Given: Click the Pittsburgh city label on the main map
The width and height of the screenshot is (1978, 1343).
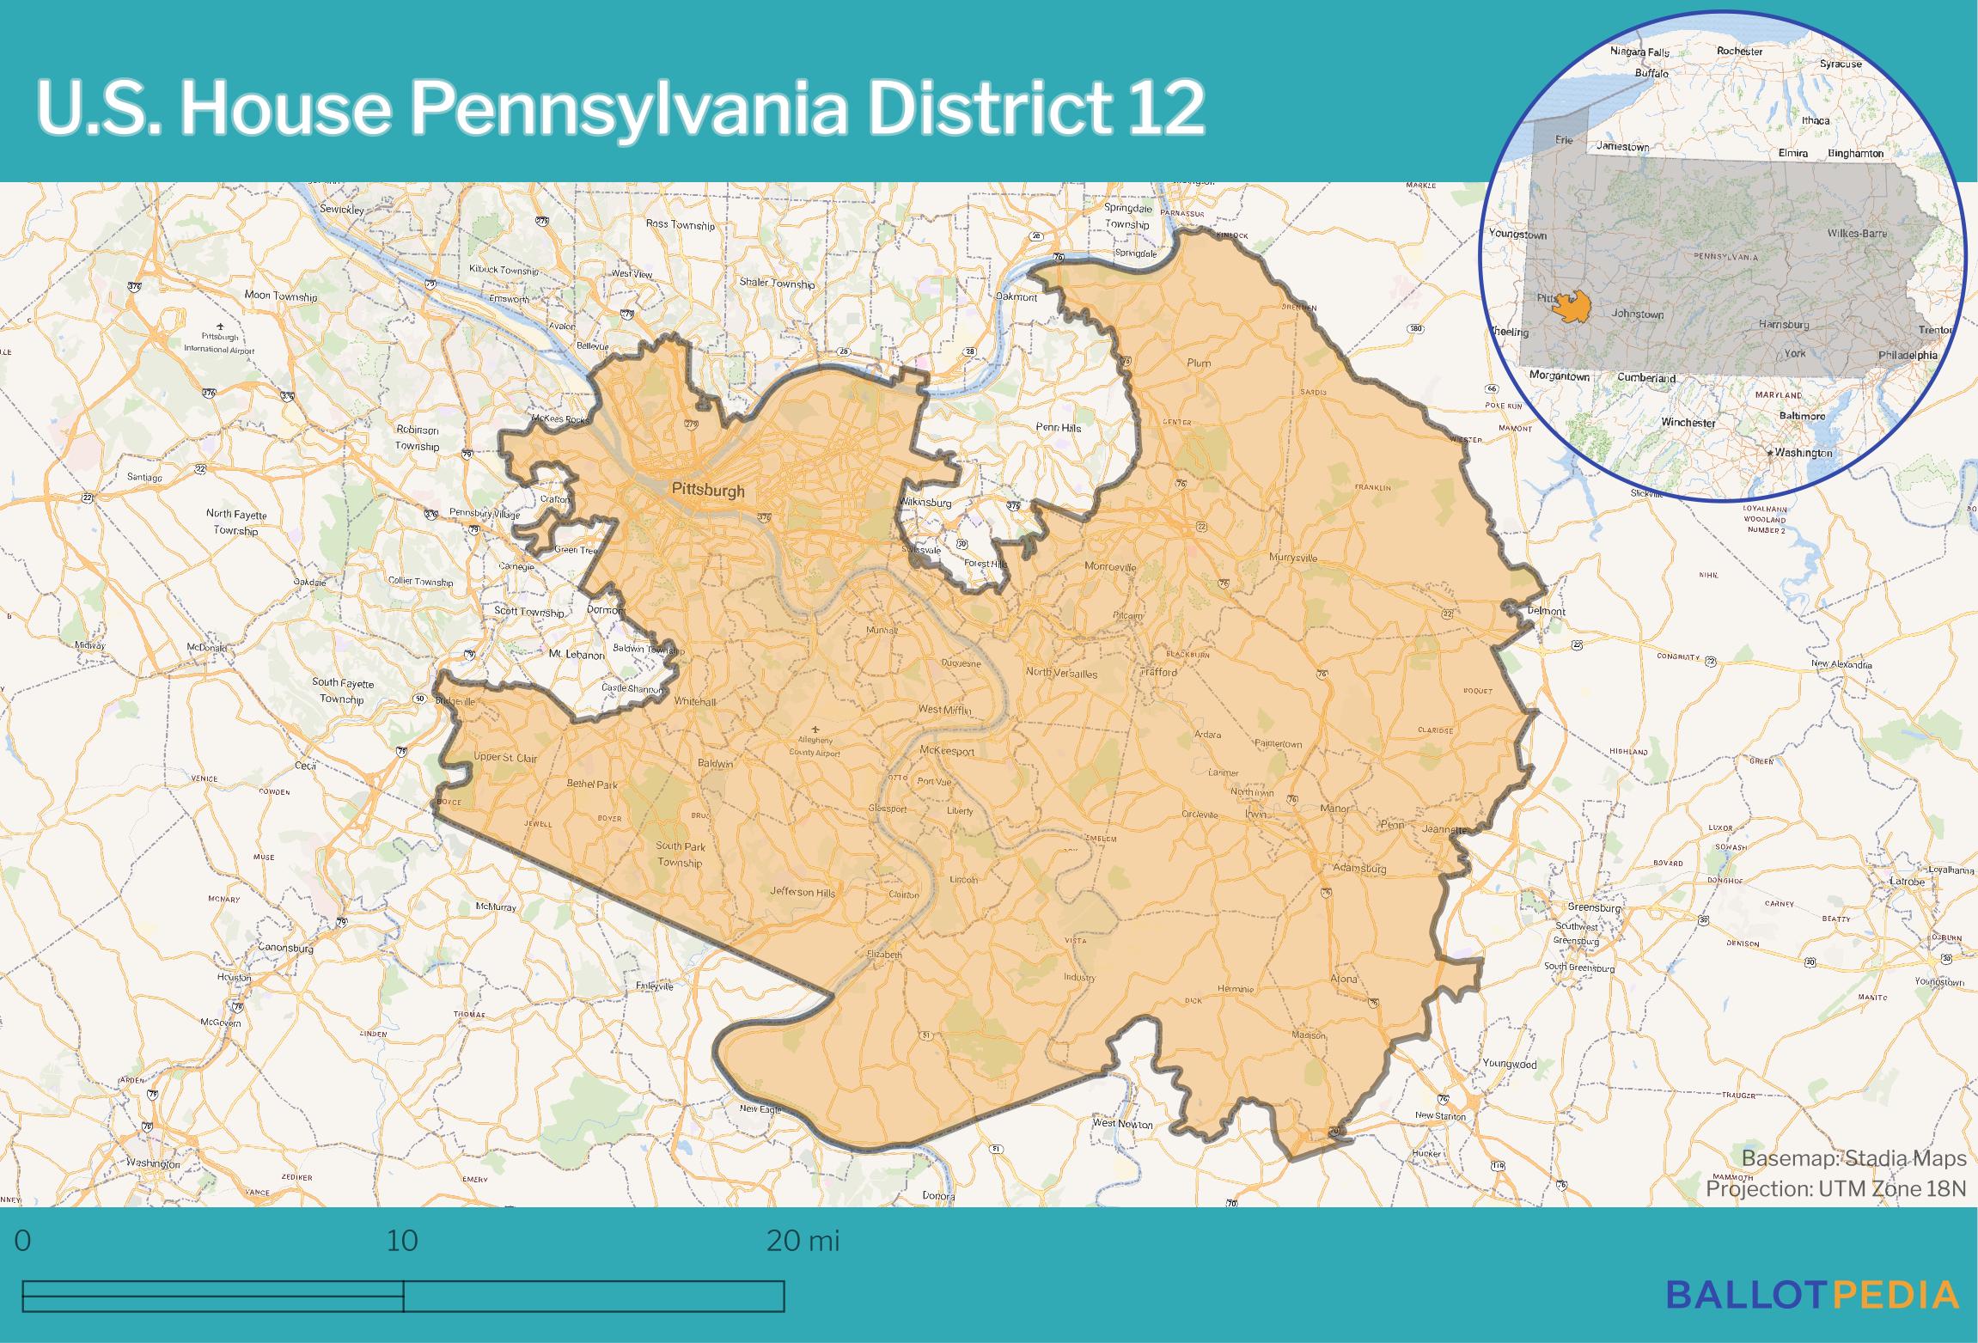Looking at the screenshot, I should [x=708, y=491].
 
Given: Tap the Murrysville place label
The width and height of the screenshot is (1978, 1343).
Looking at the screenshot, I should [x=1293, y=558].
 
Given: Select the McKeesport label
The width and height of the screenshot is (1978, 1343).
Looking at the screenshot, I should [x=947, y=751].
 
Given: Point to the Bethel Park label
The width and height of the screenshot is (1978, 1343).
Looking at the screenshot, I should [x=592, y=784].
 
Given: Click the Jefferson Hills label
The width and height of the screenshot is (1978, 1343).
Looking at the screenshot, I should [x=802, y=892].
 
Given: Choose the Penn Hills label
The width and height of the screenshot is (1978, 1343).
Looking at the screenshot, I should [x=1058, y=427].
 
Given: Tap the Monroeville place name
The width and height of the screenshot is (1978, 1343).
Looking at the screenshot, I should [x=1110, y=566].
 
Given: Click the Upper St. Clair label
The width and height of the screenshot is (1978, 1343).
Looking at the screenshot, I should [x=505, y=758].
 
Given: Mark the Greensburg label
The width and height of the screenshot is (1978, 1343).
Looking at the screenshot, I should [x=1594, y=907].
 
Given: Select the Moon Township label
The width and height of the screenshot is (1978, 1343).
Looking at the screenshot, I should [x=281, y=296].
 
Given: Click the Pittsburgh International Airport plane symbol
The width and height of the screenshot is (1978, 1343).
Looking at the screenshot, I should [x=220, y=327].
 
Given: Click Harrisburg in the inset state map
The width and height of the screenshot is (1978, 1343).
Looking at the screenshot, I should [x=1784, y=325].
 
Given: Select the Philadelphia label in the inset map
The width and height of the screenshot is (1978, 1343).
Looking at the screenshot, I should [x=1907, y=355].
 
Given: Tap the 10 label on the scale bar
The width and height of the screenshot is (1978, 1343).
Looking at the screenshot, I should [x=402, y=1241].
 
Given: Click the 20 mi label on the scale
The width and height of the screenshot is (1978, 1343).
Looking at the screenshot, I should [x=803, y=1241].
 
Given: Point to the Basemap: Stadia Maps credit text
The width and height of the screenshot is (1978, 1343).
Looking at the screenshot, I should [x=1853, y=1158].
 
